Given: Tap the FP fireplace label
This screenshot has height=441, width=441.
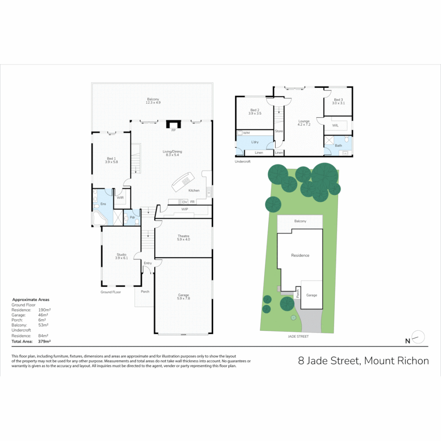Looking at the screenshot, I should (173, 130).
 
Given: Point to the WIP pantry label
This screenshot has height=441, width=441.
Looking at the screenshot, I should (185, 209).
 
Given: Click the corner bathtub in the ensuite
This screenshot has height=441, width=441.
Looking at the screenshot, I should (99, 218).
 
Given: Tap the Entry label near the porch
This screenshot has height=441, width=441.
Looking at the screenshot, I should (147, 263).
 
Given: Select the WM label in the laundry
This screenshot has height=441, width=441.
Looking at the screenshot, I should (246, 133).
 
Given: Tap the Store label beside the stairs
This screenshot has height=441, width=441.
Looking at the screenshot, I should (279, 131).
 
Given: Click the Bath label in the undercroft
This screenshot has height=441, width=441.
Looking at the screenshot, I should (339, 145).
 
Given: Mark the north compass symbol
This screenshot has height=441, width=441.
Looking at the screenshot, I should (418, 338).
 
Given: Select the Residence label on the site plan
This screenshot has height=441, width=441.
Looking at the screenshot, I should (300, 255).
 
